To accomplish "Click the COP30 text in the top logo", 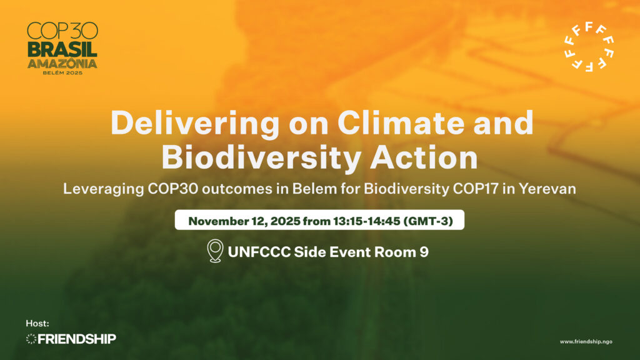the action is pos(62,31).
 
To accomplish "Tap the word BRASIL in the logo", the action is pos(62,49).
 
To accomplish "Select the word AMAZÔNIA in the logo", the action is pos(62,63).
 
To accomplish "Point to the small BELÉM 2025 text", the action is pos(62,72).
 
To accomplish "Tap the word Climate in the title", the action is pos(401,122).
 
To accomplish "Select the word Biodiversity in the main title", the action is pos(262,158).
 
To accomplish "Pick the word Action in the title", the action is pos(424,157).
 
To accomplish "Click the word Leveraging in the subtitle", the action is pos(103,189).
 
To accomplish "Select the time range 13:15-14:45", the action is pos(366,221).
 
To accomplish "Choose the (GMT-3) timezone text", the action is pos(428,221).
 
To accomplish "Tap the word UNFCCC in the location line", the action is pos(259,252).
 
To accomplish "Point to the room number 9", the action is pos(424,252).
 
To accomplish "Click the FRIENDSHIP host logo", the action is pos(71,339).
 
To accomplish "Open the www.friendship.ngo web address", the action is pos(586,342).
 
